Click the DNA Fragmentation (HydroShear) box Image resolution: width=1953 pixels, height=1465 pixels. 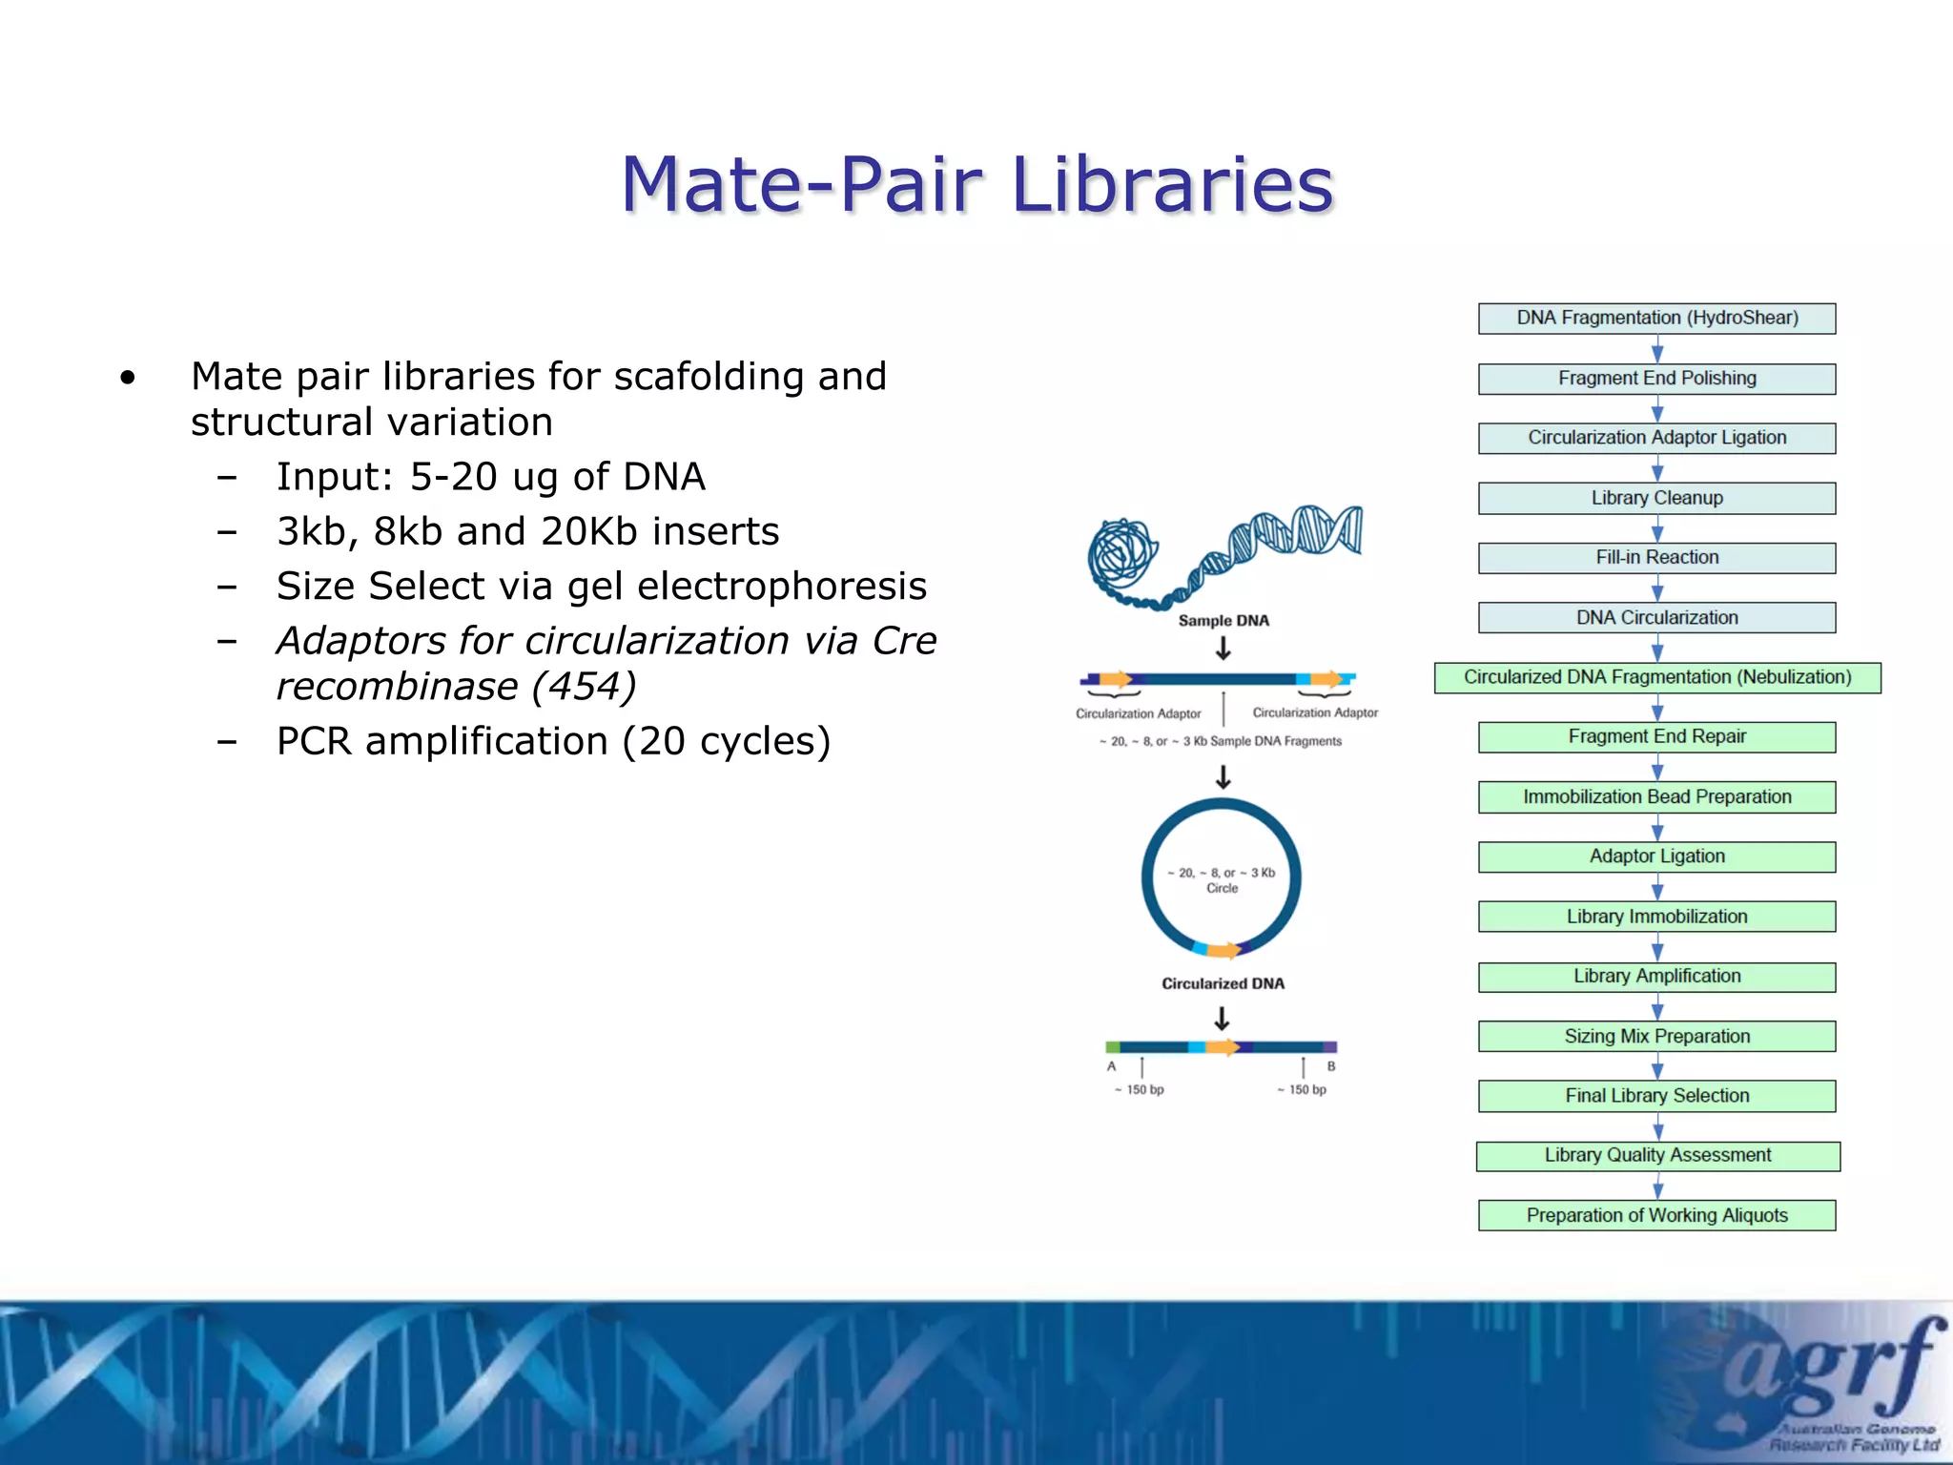(x=1656, y=318)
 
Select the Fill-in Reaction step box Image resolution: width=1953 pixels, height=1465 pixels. (x=1656, y=558)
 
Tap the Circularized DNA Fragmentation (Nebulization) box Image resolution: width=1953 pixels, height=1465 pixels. (x=1656, y=677)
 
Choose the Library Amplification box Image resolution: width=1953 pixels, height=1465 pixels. (x=1656, y=977)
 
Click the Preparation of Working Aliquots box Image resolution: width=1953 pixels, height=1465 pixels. (x=1656, y=1215)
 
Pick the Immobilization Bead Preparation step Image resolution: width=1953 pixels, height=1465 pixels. (x=1656, y=796)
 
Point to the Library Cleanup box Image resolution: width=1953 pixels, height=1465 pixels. (x=1656, y=498)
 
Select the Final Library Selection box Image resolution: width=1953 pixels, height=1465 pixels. (x=1656, y=1096)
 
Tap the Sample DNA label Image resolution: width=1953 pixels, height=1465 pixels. (x=1223, y=621)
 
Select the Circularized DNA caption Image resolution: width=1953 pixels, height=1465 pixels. (x=1223, y=983)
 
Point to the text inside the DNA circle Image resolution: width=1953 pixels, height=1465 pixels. (x=1222, y=879)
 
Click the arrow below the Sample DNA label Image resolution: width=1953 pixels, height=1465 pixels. (x=1223, y=650)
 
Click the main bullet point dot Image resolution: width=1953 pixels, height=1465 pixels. (x=128, y=379)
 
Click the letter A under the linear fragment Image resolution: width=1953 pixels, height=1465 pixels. (x=1111, y=1066)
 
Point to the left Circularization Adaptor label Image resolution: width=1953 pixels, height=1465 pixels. (x=1139, y=713)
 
